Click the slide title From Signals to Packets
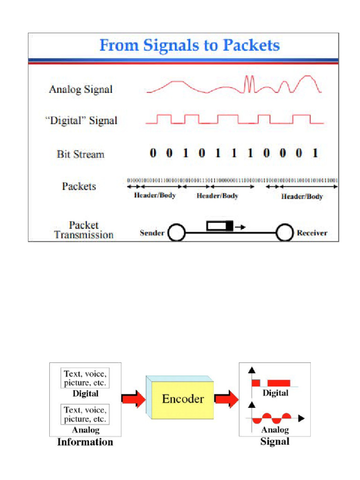(190, 45)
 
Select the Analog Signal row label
(81, 89)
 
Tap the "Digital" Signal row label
(81, 120)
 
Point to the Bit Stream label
(81, 154)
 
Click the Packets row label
(79, 186)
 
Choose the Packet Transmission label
(84, 230)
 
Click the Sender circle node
(177, 232)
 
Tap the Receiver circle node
(285, 232)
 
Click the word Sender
(152, 232)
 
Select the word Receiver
(312, 232)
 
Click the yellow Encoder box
(183, 399)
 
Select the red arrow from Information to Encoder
(134, 399)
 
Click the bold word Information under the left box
(85, 442)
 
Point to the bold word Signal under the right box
(275, 442)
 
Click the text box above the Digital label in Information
(85, 378)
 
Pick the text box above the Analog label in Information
(85, 414)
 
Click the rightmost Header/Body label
(302, 196)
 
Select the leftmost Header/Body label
(155, 195)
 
